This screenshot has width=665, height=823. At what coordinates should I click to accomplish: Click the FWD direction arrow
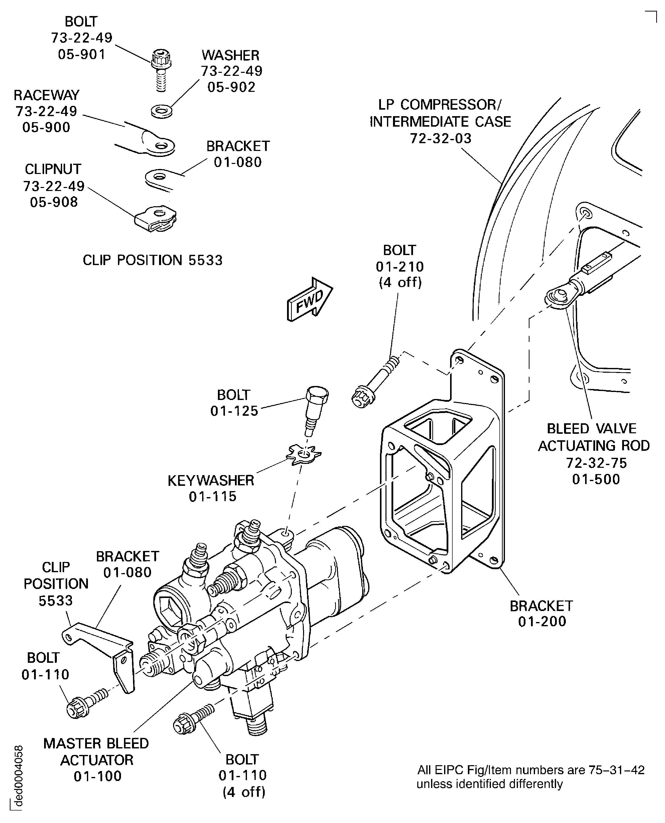(310, 300)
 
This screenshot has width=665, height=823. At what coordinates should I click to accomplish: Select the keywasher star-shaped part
(304, 454)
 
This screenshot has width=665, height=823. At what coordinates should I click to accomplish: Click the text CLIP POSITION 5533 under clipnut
(153, 260)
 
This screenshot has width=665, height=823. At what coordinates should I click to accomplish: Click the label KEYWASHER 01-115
(211, 488)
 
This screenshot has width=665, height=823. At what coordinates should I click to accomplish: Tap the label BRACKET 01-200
(541, 613)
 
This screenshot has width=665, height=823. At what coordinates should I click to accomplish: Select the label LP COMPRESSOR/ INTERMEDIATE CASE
(440, 113)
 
